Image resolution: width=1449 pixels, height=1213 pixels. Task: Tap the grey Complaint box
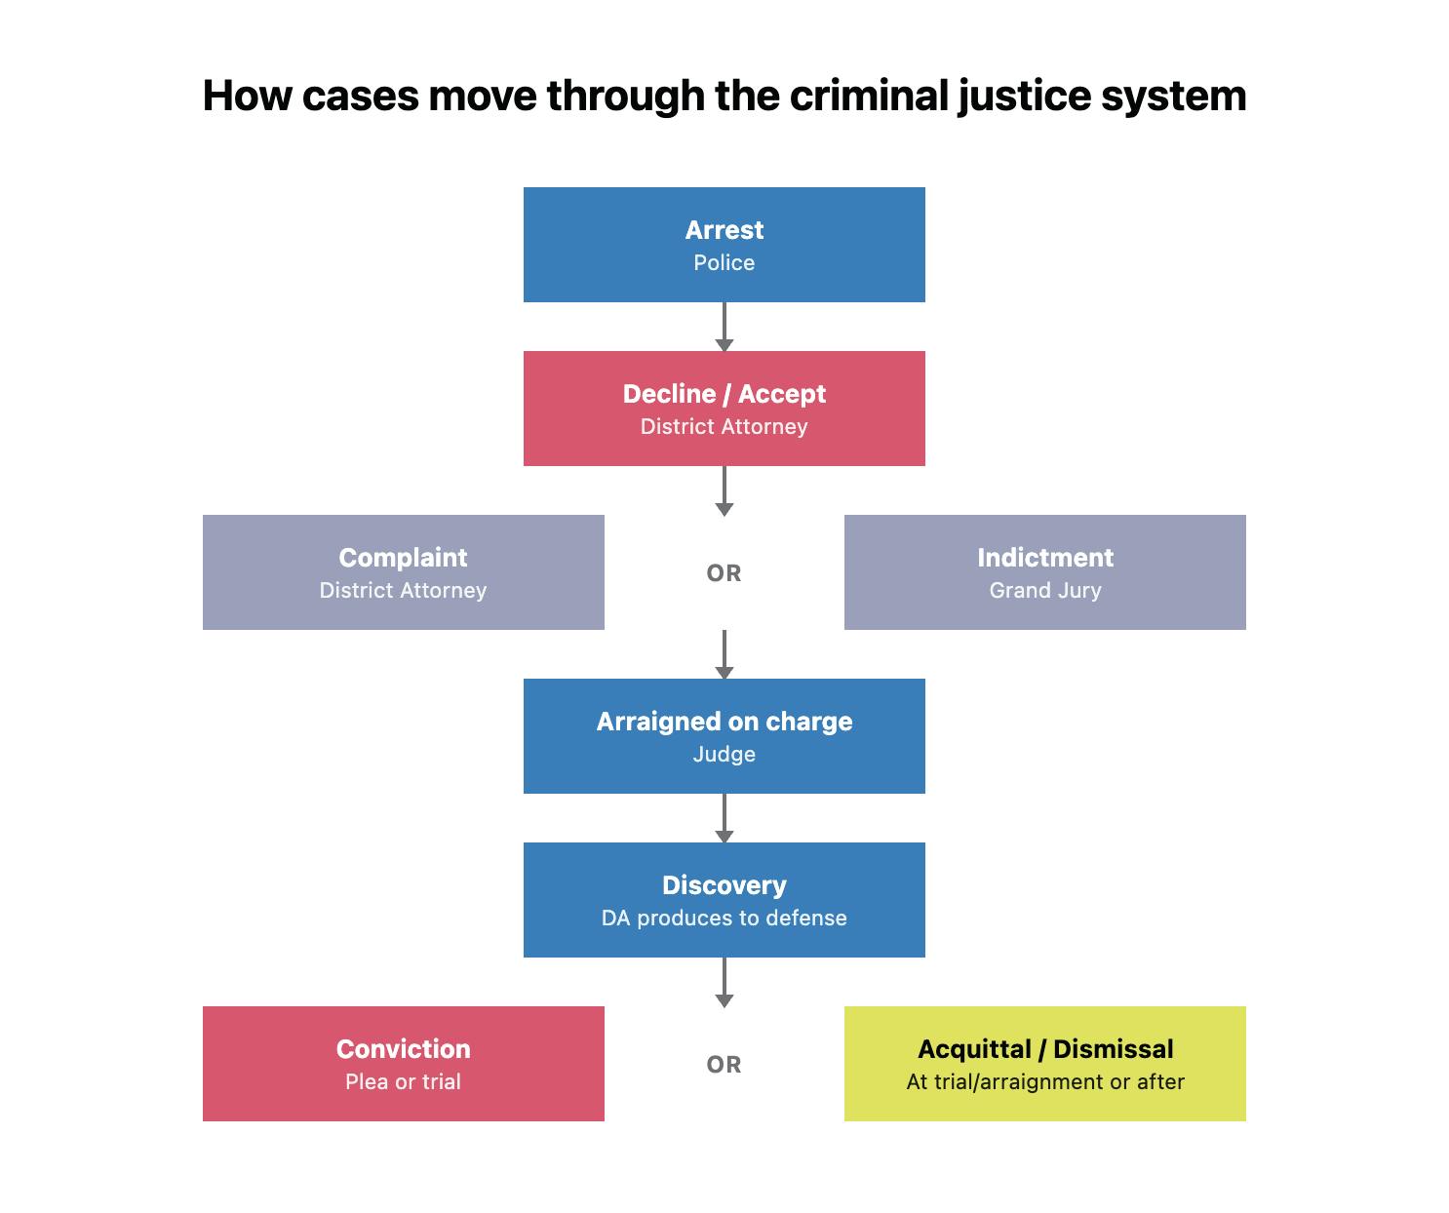coord(403,571)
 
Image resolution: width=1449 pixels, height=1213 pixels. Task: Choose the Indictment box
coord(1044,571)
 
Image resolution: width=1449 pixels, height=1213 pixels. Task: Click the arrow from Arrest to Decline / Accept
coord(724,327)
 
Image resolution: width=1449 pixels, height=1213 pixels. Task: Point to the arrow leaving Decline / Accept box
coord(724,490)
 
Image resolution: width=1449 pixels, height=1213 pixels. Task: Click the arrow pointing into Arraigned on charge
coord(724,654)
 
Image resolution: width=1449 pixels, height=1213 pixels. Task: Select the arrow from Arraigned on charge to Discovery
coord(724,818)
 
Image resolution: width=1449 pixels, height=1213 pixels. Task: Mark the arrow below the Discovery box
coord(724,982)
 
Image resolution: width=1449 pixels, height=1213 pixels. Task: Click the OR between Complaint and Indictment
coord(724,573)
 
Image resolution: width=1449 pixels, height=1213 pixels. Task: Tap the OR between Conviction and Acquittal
coord(724,1065)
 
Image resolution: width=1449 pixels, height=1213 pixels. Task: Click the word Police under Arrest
coord(724,263)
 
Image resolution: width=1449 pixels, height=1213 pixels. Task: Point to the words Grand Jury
coord(1044,591)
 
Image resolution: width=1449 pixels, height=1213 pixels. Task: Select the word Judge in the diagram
coord(724,755)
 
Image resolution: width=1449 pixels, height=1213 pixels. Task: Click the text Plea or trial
coord(403,1082)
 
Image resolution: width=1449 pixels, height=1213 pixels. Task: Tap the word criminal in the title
coord(867,97)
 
